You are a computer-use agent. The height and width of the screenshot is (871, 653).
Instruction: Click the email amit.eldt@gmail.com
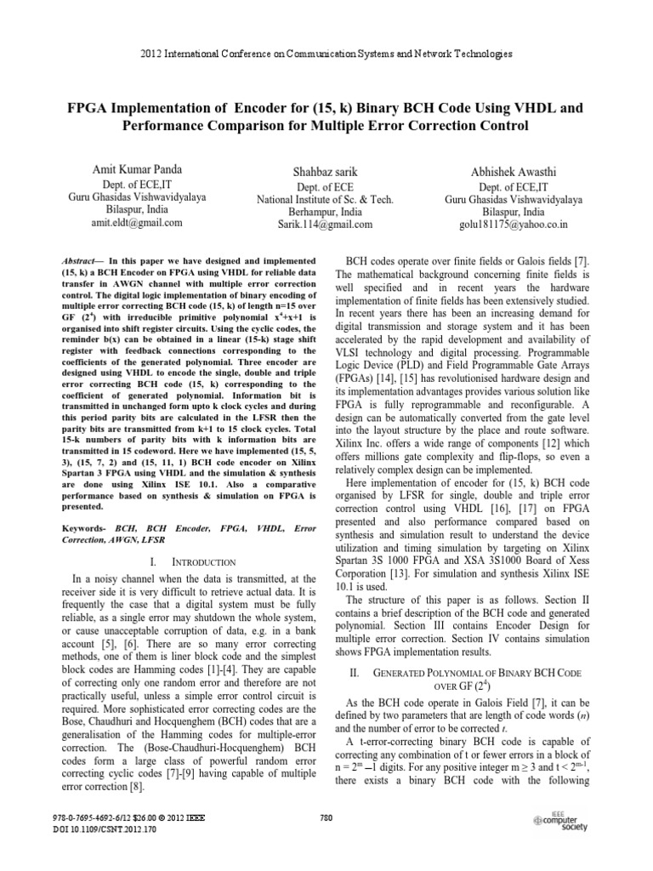[x=137, y=224]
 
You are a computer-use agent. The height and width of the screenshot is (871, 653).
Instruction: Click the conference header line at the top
[x=326, y=54]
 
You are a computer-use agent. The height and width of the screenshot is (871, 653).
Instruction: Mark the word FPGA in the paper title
[x=93, y=109]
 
